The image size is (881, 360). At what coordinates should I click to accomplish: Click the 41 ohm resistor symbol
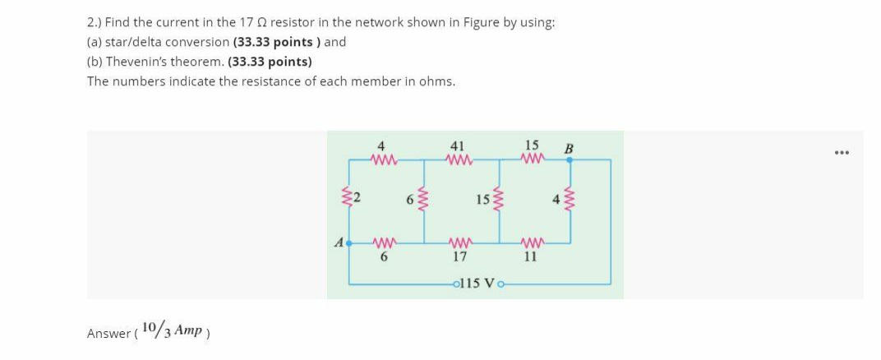pyautogui.click(x=459, y=159)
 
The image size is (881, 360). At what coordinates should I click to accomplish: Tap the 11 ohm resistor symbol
pyautogui.click(x=531, y=242)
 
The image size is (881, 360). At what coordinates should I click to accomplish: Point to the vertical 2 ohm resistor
pyautogui.click(x=351, y=197)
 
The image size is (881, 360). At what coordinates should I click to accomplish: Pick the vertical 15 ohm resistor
pyautogui.click(x=497, y=201)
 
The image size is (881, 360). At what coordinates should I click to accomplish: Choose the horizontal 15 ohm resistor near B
pyautogui.click(x=531, y=159)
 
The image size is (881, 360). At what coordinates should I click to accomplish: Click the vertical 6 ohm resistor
pyautogui.click(x=424, y=201)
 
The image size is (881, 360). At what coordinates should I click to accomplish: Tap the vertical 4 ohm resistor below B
pyautogui.click(x=569, y=201)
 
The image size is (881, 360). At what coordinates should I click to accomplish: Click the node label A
pyautogui.click(x=338, y=243)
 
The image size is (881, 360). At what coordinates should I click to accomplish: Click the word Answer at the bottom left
pyautogui.click(x=107, y=333)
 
